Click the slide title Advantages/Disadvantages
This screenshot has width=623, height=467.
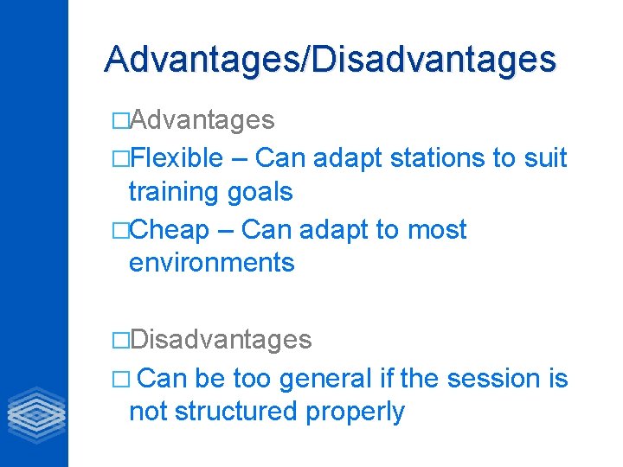[330, 59]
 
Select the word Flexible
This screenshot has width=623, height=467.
[178, 158]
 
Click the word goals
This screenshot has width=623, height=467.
[262, 192]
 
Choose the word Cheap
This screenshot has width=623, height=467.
[171, 230]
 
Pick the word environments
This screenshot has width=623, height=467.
[211, 262]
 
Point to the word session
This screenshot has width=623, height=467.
[503, 379]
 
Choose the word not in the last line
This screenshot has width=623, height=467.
[148, 412]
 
